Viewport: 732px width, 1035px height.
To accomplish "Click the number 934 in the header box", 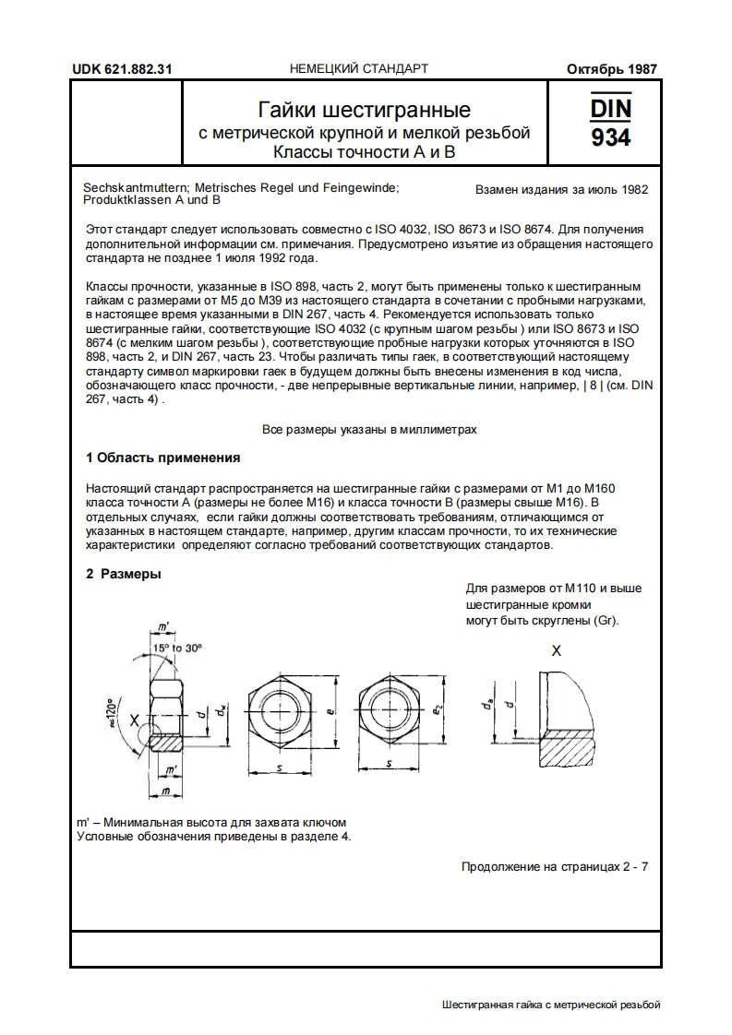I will (x=611, y=138).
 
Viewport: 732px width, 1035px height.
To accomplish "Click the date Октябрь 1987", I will (x=612, y=69).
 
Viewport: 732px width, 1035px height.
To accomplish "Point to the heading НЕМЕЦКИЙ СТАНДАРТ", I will (x=359, y=69).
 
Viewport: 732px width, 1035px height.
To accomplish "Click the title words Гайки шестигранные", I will (x=365, y=111).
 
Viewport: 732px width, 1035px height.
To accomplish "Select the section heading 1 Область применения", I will (x=162, y=458).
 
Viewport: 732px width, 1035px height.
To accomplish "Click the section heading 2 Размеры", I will (x=124, y=574).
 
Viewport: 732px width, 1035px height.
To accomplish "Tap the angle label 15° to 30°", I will (x=177, y=648).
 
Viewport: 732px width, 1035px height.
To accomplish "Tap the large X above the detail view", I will (x=556, y=650).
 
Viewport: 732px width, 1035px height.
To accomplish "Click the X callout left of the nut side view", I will (x=135, y=720).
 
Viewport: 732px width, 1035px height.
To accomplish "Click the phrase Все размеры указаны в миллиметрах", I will (x=369, y=430).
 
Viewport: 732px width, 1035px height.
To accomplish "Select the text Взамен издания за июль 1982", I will (x=561, y=190).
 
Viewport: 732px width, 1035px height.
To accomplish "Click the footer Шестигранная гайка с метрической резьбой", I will (x=552, y=1005).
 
